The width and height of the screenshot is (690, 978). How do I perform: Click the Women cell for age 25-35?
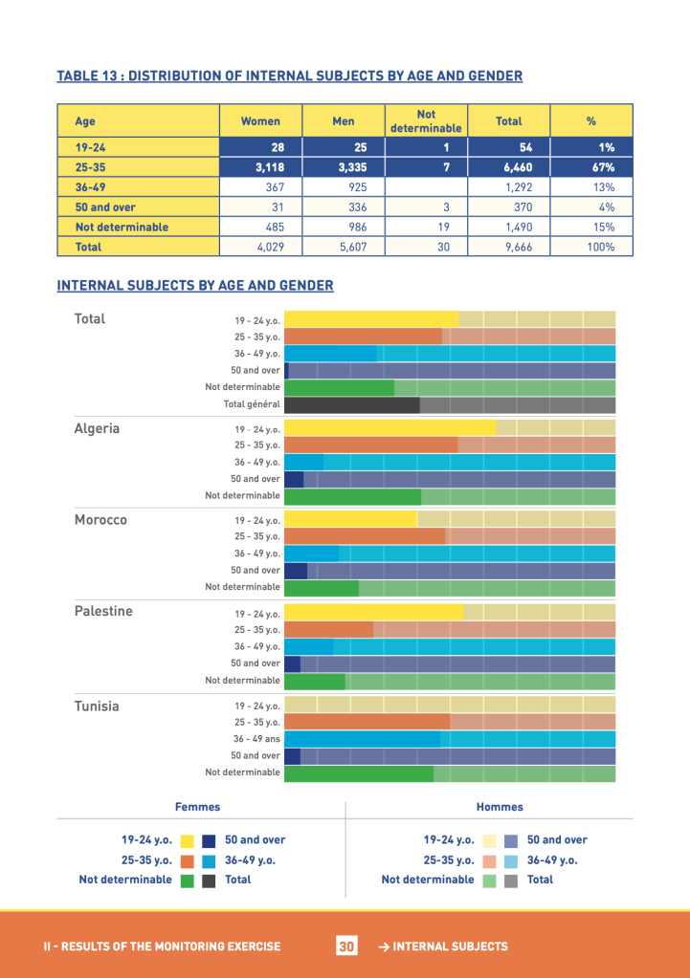click(x=259, y=167)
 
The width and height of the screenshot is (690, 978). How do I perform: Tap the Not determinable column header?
click(x=426, y=121)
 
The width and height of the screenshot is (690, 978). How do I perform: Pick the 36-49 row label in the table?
click(x=91, y=187)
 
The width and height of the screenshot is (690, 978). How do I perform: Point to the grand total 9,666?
click(x=508, y=247)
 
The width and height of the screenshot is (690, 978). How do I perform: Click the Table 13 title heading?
click(x=289, y=76)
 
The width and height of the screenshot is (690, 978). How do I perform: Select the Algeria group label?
click(x=97, y=428)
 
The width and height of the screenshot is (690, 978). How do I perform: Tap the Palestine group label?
click(x=103, y=611)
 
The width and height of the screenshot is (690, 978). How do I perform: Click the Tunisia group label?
click(x=97, y=706)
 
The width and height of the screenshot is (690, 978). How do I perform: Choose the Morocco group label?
click(x=100, y=520)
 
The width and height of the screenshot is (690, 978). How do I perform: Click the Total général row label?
click(x=251, y=405)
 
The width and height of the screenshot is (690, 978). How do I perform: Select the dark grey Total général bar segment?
click(x=351, y=405)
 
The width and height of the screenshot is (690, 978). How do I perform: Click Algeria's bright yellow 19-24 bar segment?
click(x=390, y=428)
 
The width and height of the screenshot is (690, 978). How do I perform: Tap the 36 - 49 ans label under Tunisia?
click(x=256, y=739)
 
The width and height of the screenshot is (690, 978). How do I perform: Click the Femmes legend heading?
click(x=197, y=807)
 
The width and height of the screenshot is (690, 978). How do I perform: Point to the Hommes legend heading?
click(x=500, y=807)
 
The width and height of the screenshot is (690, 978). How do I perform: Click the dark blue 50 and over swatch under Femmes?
click(x=209, y=841)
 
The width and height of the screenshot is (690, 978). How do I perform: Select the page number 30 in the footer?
click(x=345, y=946)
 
